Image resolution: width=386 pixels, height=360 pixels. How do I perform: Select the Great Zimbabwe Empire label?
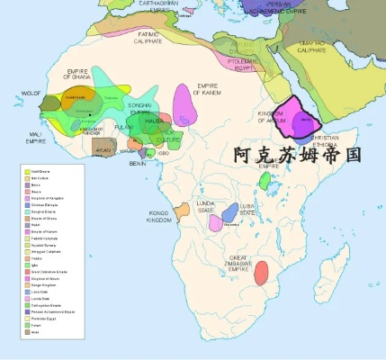tap(238, 262)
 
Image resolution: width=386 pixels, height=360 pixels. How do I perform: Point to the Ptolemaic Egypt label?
tap(238, 65)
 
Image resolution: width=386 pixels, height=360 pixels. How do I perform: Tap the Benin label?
tap(138, 163)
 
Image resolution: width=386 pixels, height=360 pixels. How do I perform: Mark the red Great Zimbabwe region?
tap(262, 273)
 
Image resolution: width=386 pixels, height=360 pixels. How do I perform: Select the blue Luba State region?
tap(231, 213)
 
